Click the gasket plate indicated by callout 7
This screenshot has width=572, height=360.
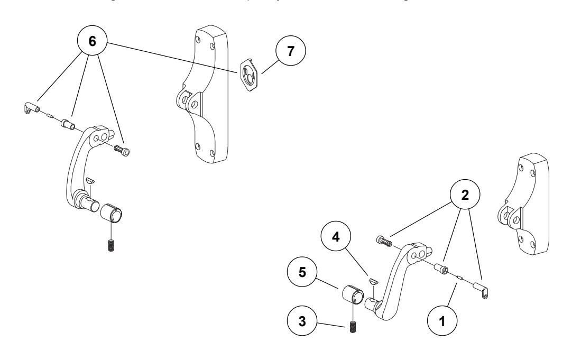[248, 72]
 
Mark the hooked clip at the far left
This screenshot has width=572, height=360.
[31, 108]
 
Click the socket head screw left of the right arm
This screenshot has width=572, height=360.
[384, 242]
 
